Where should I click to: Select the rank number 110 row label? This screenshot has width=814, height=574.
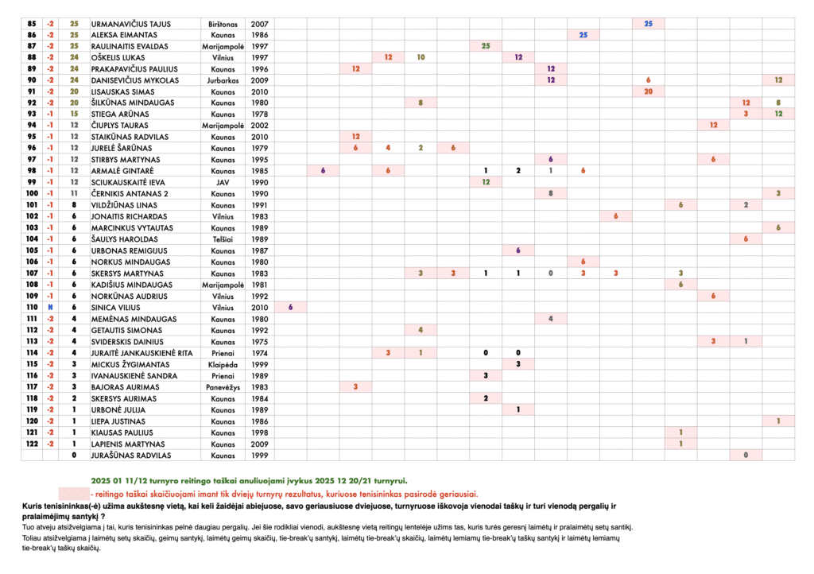[32, 307]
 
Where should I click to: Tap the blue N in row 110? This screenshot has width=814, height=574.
[50, 307]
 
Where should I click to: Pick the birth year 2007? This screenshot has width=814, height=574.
[259, 24]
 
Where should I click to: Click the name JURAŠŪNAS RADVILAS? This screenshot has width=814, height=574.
[130, 455]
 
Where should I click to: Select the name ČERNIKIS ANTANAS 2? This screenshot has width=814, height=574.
[131, 193]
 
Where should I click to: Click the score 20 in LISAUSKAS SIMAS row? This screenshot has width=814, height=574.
[648, 91]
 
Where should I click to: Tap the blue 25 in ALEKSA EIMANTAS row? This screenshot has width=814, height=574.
[583, 35]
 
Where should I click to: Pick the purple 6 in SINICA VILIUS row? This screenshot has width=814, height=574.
[290, 307]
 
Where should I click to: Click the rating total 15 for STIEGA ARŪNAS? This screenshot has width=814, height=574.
[74, 114]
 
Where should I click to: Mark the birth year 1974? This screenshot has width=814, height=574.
[259, 352]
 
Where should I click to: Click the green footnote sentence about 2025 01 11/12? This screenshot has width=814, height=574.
[249, 480]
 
